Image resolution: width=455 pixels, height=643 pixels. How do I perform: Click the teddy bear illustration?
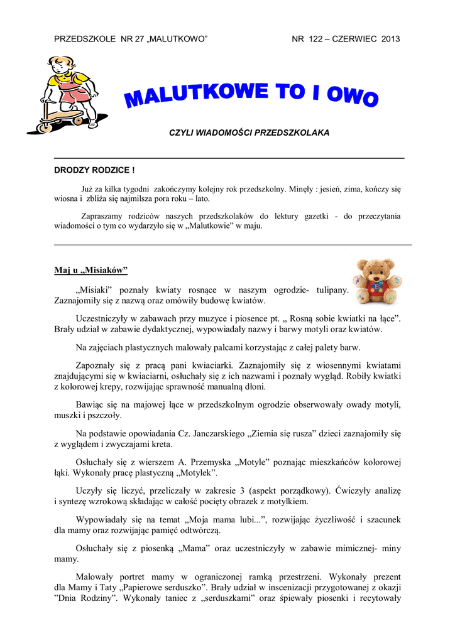[x=377, y=281]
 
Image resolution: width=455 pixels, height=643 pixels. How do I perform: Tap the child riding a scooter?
[x=67, y=94]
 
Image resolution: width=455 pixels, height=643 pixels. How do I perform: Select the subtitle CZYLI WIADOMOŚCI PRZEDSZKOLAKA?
[x=249, y=133]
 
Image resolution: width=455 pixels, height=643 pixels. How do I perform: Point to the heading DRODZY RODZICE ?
[x=95, y=170]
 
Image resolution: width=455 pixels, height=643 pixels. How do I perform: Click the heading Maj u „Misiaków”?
[x=90, y=271]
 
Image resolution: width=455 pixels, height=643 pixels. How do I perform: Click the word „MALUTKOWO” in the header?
[x=178, y=39]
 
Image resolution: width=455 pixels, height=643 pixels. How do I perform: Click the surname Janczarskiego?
[x=216, y=433]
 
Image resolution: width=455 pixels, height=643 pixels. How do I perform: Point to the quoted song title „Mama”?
[x=194, y=549]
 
